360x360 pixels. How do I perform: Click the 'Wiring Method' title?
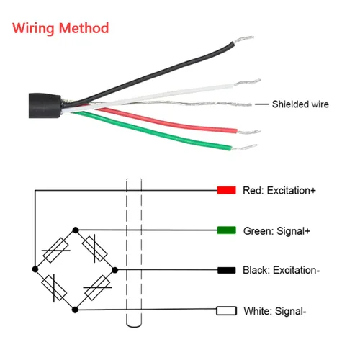(x=60, y=28)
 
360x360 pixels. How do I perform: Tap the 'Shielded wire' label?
(x=300, y=104)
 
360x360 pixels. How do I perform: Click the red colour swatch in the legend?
(x=226, y=190)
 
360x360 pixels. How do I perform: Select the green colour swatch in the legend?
(x=226, y=230)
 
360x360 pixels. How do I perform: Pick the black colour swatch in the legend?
(x=226, y=270)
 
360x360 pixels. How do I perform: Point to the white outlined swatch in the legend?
(x=226, y=310)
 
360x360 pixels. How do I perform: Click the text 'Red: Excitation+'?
(x=279, y=190)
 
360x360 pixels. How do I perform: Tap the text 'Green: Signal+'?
(x=276, y=231)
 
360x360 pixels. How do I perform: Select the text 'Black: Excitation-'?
(x=281, y=270)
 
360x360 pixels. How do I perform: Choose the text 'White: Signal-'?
(x=275, y=311)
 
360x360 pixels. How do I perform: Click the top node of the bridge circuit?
(x=76, y=230)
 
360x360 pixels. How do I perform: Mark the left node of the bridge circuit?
(x=35, y=269)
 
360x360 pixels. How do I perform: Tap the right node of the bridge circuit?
(x=115, y=270)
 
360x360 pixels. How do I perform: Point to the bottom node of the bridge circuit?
(x=75, y=310)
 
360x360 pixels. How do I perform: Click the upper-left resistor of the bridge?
(x=55, y=250)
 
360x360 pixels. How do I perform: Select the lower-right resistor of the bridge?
(x=98, y=287)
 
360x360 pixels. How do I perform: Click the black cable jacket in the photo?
(x=45, y=106)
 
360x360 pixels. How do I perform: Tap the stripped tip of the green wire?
(x=244, y=148)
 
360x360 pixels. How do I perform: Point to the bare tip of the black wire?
(x=243, y=40)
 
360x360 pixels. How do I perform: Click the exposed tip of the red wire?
(x=249, y=132)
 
